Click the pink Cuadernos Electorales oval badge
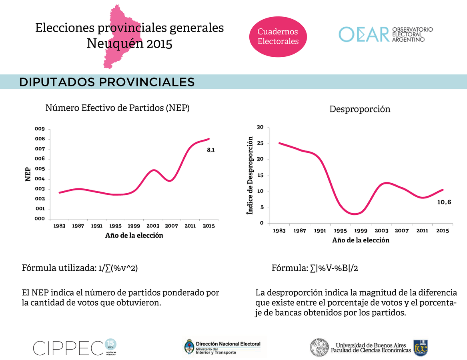[278, 36]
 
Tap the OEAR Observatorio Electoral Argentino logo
[386, 34]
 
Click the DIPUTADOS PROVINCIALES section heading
[107, 82]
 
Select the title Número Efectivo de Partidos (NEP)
[117, 108]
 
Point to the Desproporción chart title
[360, 109]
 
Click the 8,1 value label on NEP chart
[210, 150]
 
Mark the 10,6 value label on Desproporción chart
[444, 202]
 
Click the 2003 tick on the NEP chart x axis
[153, 226]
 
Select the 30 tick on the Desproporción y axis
[260, 128]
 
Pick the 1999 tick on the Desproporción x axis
[361, 231]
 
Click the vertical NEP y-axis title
[28, 174]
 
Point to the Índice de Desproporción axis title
[250, 175]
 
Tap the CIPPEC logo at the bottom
[68, 348]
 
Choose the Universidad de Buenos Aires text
[371, 345]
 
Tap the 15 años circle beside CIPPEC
[110, 344]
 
